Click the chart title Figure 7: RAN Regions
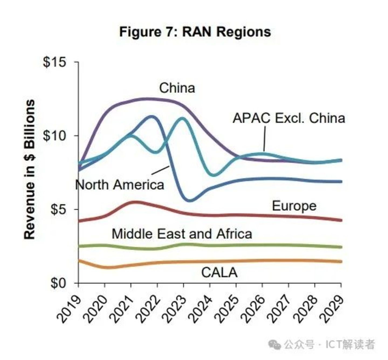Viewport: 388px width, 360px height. (x=195, y=32)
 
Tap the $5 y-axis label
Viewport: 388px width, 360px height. (x=58, y=210)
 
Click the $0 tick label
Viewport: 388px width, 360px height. (x=58, y=283)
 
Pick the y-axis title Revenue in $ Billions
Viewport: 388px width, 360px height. (x=30, y=169)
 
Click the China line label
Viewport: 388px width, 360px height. (x=177, y=88)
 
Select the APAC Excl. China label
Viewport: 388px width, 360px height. (x=289, y=118)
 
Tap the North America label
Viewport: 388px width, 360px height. (x=120, y=185)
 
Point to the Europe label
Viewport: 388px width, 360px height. (x=294, y=206)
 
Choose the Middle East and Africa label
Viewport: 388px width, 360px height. (x=182, y=234)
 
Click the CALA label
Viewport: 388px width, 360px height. (x=219, y=273)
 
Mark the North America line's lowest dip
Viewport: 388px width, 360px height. (x=190, y=200)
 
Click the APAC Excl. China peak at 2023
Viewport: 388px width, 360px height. (x=183, y=118)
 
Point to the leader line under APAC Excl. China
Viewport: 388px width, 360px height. (x=265, y=139)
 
